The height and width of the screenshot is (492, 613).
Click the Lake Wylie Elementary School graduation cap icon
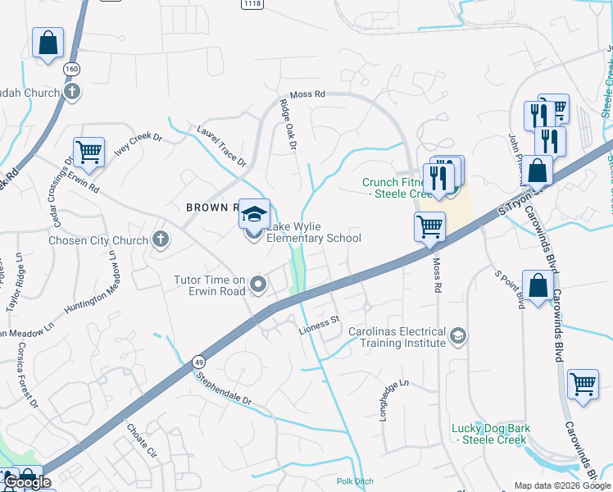pos(254,214)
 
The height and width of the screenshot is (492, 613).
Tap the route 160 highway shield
pos(72,70)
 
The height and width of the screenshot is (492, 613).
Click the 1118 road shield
pos(252,4)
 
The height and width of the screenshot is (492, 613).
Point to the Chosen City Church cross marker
pos(161,239)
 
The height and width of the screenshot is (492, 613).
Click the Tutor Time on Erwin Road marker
pos(259,285)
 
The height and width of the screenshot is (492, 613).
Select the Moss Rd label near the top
pos(302,95)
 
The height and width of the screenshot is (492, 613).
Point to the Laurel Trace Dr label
pos(221,146)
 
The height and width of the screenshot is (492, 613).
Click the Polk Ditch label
pos(354,481)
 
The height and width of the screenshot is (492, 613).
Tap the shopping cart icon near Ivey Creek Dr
pos(89,152)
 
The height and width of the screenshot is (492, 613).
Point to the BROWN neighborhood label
pos(211,207)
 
